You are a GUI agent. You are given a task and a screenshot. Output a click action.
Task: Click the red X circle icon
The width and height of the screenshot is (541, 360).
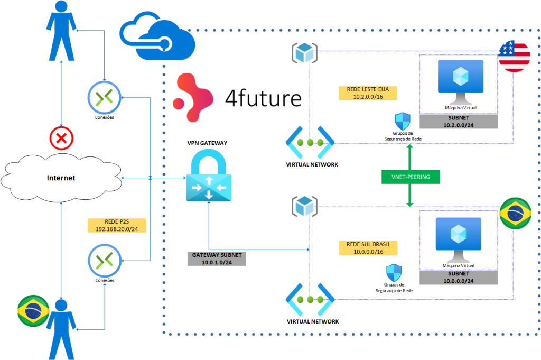click(x=62, y=139)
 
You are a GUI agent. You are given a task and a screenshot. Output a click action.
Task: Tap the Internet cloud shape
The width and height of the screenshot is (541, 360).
click(x=61, y=178)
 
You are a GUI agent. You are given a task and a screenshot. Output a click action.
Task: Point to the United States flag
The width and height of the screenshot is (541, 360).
click(x=514, y=56)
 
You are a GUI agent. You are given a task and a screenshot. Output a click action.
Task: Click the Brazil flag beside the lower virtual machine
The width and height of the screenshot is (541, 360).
click(x=515, y=214)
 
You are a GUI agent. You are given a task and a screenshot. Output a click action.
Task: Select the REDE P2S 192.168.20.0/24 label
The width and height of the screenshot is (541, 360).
click(x=117, y=226)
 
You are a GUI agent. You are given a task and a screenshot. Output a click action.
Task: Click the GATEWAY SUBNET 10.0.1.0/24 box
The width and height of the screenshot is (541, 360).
click(x=217, y=259)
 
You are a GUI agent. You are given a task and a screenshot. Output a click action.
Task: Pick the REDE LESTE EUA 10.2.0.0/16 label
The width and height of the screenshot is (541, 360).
click(x=368, y=93)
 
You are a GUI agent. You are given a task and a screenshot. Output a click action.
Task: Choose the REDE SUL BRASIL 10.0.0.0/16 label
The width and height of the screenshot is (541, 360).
click(x=368, y=247)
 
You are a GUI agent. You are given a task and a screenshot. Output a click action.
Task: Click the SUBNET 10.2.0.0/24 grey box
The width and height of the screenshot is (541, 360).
click(x=459, y=121)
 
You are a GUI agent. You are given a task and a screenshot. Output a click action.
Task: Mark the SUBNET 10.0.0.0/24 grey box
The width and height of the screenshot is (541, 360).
click(x=459, y=278)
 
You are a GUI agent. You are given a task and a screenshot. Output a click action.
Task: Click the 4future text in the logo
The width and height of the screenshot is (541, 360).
click(x=263, y=98)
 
